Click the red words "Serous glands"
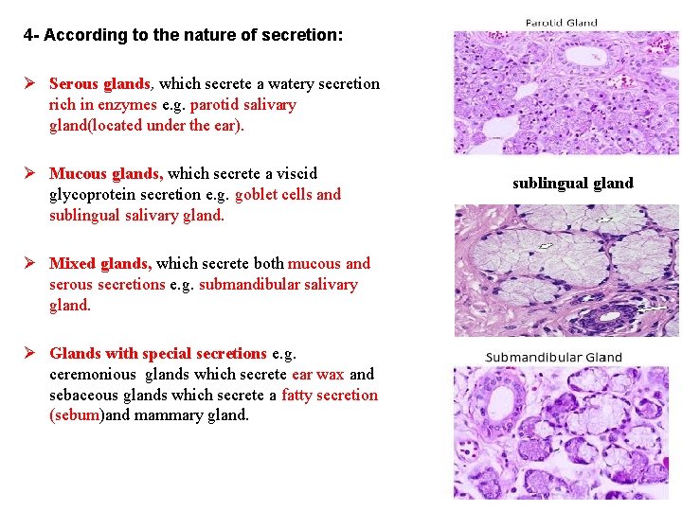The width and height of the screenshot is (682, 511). pyautogui.click(x=99, y=84)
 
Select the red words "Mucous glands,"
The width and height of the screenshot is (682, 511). pyautogui.click(x=106, y=174)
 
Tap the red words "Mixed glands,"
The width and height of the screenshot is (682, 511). pyautogui.click(x=100, y=264)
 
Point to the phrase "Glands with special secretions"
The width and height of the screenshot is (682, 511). pyautogui.click(x=158, y=354)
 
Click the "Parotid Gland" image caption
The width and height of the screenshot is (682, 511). pyautogui.click(x=562, y=23)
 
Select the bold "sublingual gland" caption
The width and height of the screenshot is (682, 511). pyautogui.click(x=573, y=184)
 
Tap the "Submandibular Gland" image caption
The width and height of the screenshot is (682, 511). pyautogui.click(x=554, y=358)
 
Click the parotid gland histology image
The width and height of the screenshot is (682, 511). pyautogui.click(x=565, y=93)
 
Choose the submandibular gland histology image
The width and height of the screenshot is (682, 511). pyautogui.click(x=566, y=432)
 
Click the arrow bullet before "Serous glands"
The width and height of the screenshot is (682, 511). pyautogui.click(x=30, y=84)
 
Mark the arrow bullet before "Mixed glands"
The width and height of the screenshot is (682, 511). pyautogui.click(x=30, y=264)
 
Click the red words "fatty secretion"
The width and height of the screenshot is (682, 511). pyautogui.click(x=330, y=396)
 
